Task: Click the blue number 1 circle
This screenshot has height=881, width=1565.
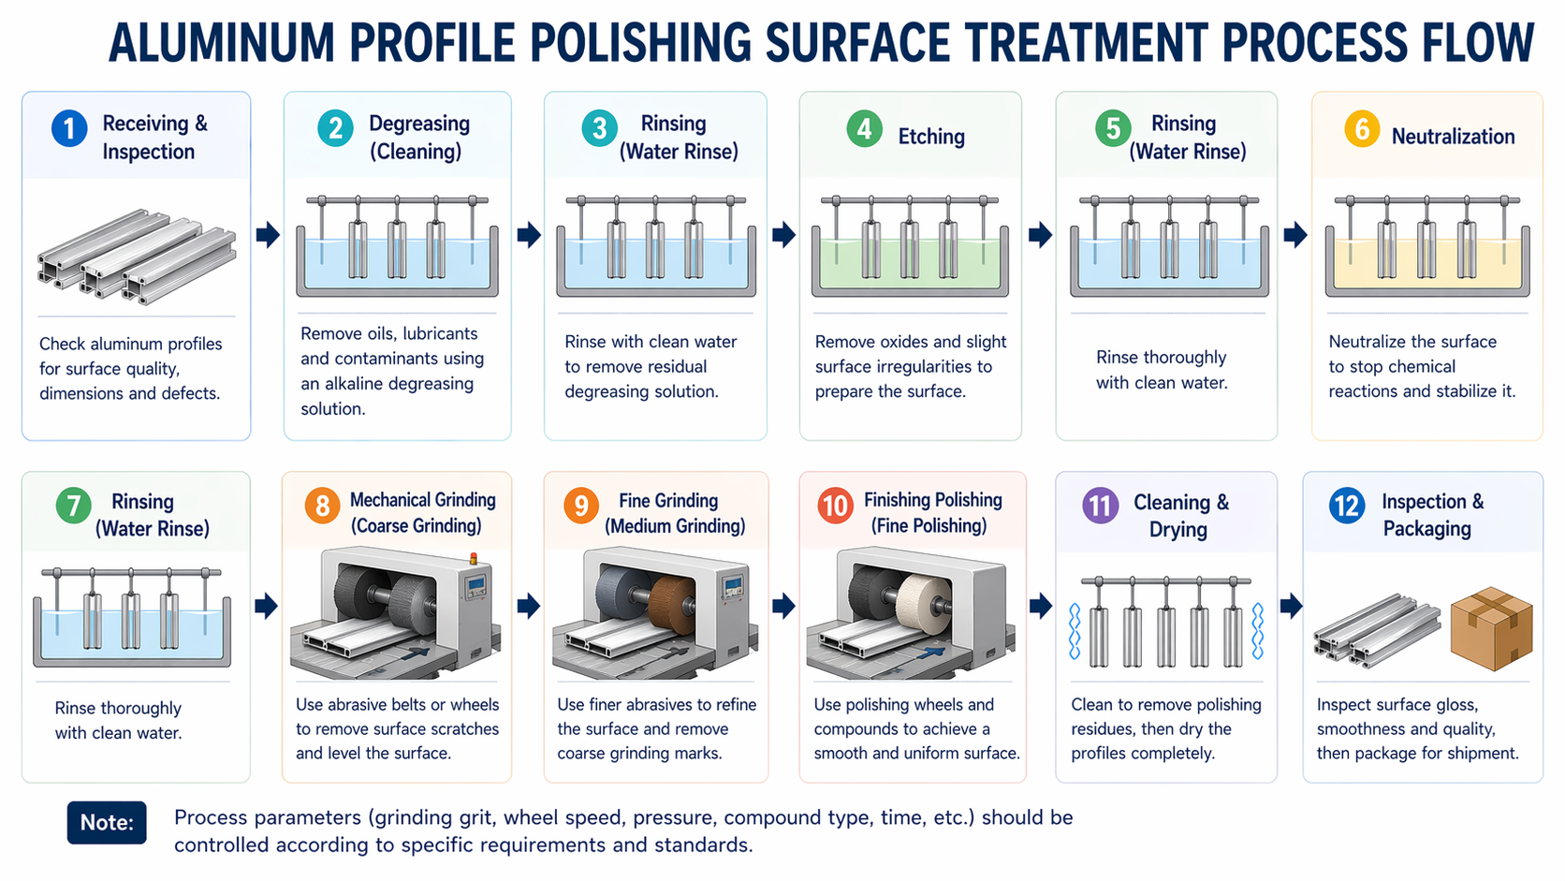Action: [69, 128]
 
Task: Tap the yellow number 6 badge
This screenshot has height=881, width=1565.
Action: [1362, 128]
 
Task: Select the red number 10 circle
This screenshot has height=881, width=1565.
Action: [835, 506]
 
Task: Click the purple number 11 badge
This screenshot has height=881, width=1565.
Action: [1101, 506]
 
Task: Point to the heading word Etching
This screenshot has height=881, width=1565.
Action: [931, 137]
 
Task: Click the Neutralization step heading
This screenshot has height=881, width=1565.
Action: [1454, 137]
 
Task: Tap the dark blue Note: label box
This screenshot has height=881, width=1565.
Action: [107, 822]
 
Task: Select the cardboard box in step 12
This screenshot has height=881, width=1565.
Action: [1491, 628]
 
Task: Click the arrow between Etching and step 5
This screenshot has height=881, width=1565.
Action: [1040, 235]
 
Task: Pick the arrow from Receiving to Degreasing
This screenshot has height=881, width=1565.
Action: [268, 235]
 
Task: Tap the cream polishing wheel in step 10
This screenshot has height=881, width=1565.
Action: [923, 604]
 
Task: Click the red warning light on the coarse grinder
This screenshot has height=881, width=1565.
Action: [473, 557]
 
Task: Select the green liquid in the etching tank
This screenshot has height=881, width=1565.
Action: [910, 263]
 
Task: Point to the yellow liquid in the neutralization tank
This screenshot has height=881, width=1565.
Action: [1427, 263]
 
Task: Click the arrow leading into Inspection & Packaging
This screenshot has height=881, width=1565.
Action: [1291, 606]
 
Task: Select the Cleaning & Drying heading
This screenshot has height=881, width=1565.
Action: [1180, 516]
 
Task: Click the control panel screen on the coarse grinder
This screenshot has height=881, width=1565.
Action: [478, 585]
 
